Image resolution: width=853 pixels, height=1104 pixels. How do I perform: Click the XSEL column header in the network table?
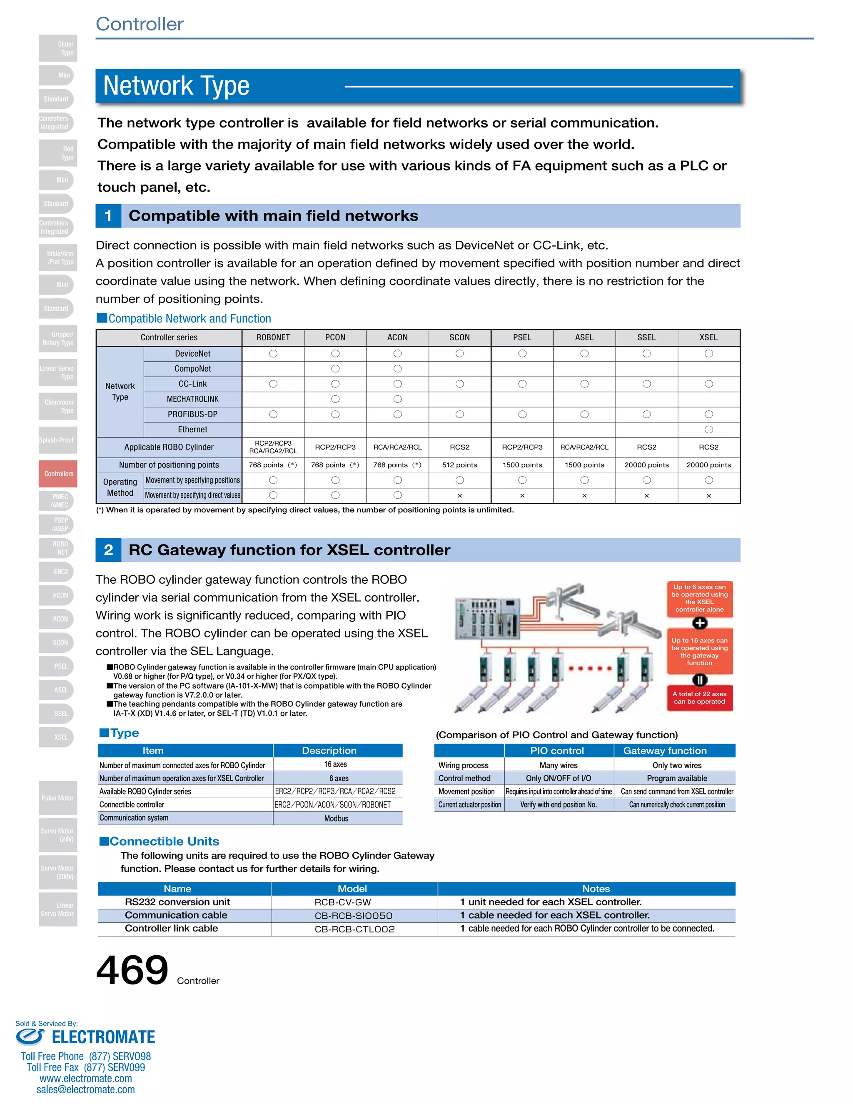708,337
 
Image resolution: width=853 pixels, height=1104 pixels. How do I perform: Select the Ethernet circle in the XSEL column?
708,430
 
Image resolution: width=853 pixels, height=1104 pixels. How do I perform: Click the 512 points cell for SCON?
459,465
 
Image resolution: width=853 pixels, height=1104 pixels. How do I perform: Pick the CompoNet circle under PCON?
335,369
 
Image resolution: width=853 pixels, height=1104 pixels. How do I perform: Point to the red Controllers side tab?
58,474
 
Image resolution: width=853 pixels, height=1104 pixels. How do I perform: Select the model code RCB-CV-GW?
343,902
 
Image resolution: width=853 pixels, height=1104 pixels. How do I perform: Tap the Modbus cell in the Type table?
337,818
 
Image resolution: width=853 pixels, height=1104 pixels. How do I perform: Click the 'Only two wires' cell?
677,765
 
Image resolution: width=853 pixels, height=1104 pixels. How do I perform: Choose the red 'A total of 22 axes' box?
699,697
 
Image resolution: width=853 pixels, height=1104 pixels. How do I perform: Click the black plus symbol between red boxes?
699,623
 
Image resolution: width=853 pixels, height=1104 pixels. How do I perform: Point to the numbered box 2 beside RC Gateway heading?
108,550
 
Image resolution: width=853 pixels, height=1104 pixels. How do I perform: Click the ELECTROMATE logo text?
103,1037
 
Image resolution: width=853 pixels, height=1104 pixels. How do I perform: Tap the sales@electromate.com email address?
85,1089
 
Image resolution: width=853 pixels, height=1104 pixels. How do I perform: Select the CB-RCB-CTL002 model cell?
355,929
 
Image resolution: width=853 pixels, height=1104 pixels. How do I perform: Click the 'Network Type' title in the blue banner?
176,85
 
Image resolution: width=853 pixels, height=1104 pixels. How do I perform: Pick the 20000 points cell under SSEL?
646,465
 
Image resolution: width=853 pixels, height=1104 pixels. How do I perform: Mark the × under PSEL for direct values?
522,496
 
